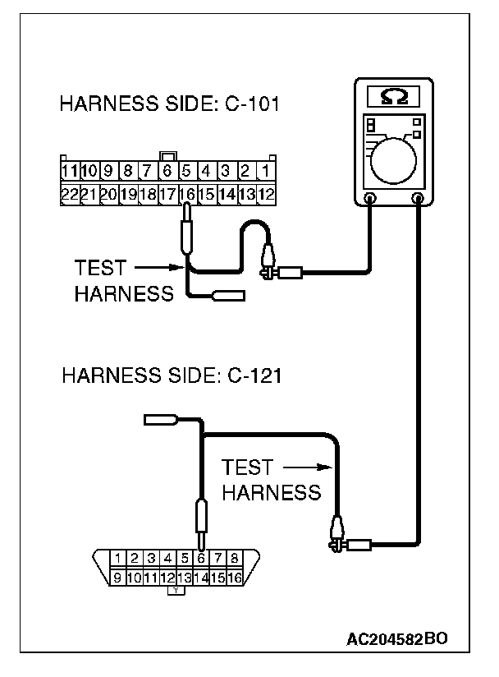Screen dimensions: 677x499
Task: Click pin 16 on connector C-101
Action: [x=186, y=195]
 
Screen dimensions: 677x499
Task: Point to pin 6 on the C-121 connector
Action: [x=202, y=559]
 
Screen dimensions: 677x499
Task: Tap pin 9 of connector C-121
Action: [x=118, y=578]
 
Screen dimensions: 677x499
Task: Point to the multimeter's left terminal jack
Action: [x=370, y=198]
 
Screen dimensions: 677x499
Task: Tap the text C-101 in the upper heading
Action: [x=247, y=105]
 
